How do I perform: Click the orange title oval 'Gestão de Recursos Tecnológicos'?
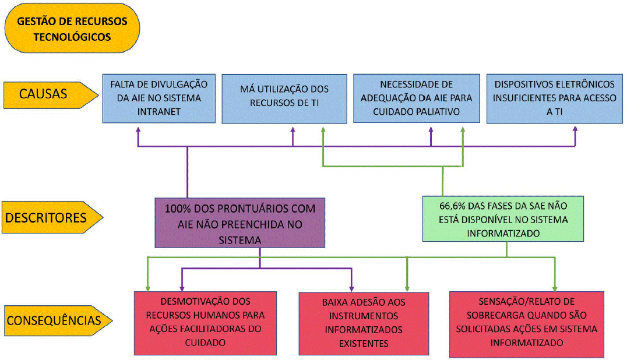[x=72, y=29]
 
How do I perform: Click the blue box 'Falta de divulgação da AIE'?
[x=158, y=97]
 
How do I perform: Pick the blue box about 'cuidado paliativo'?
[x=416, y=97]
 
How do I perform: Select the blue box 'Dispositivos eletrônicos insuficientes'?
[x=554, y=97]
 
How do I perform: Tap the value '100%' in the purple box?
[x=178, y=208]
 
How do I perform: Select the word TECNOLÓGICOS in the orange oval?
[x=72, y=36]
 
